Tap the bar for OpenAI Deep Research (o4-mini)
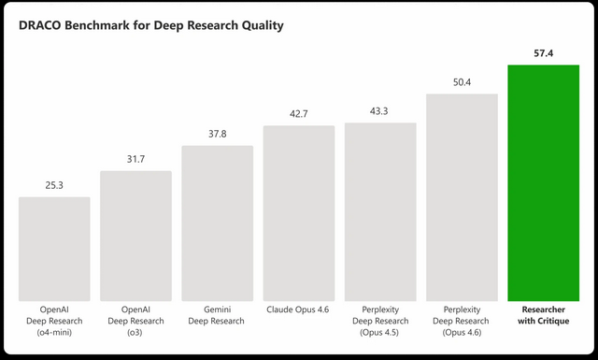point(54,248)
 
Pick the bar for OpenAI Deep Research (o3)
point(135,235)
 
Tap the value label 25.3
point(54,186)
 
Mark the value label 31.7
point(135,160)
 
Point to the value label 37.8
point(217,134)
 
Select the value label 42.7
point(299,114)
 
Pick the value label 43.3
point(380,111)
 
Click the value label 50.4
point(462,82)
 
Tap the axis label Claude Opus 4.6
point(299,309)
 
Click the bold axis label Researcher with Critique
point(543,314)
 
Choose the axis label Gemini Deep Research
point(217,314)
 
